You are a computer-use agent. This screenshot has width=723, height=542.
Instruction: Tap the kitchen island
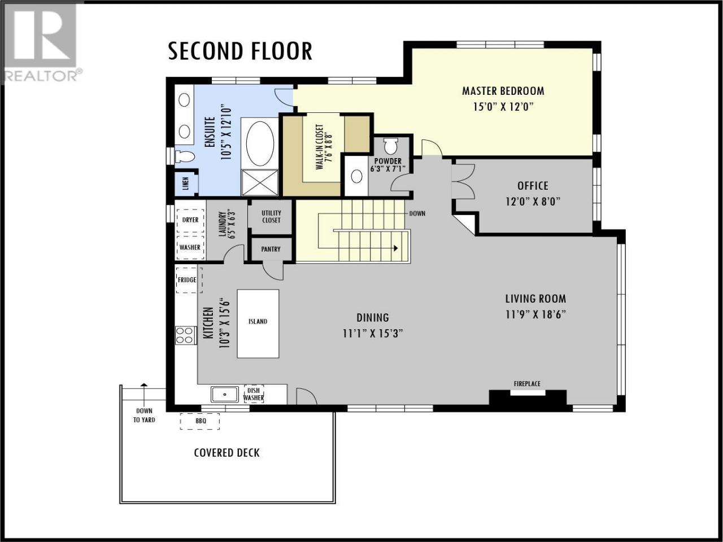click(258, 324)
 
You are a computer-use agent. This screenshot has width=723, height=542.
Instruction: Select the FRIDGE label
click(187, 280)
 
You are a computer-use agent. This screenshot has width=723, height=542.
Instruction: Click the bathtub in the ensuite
click(260, 143)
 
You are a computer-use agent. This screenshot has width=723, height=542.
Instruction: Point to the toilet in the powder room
click(391, 146)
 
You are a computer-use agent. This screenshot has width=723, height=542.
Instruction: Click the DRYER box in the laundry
click(190, 220)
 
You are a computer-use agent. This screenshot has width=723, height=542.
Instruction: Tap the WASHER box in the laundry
click(190, 247)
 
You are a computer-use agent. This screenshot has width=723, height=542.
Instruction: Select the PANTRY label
click(271, 250)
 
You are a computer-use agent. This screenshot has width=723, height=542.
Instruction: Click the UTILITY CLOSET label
click(271, 217)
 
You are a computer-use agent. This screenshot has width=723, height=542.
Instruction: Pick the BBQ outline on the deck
click(200, 421)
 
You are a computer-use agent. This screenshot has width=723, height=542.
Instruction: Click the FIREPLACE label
click(527, 384)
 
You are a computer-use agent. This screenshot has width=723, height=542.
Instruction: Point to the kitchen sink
click(225, 394)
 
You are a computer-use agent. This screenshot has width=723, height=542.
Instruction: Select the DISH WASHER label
click(253, 394)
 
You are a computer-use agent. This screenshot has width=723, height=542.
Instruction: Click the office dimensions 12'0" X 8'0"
click(533, 202)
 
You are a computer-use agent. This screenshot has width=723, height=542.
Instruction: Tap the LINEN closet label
click(186, 184)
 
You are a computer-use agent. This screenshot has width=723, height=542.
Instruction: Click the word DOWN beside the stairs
click(417, 213)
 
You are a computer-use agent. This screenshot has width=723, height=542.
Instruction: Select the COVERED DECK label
click(227, 453)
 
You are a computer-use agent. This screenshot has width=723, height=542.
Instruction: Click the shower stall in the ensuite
click(260, 183)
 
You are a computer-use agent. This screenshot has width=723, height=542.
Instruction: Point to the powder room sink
click(357, 177)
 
